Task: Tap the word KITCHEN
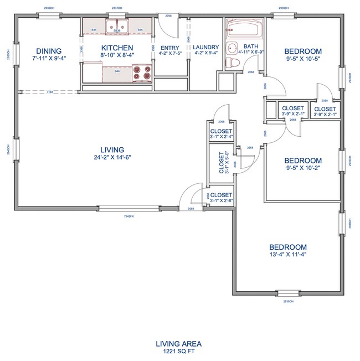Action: (x=116, y=48)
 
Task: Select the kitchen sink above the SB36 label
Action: (x=117, y=25)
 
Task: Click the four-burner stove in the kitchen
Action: (x=143, y=72)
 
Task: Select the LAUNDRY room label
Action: (x=206, y=48)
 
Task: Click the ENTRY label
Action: (x=169, y=48)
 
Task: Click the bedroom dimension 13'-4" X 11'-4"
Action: (x=287, y=254)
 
